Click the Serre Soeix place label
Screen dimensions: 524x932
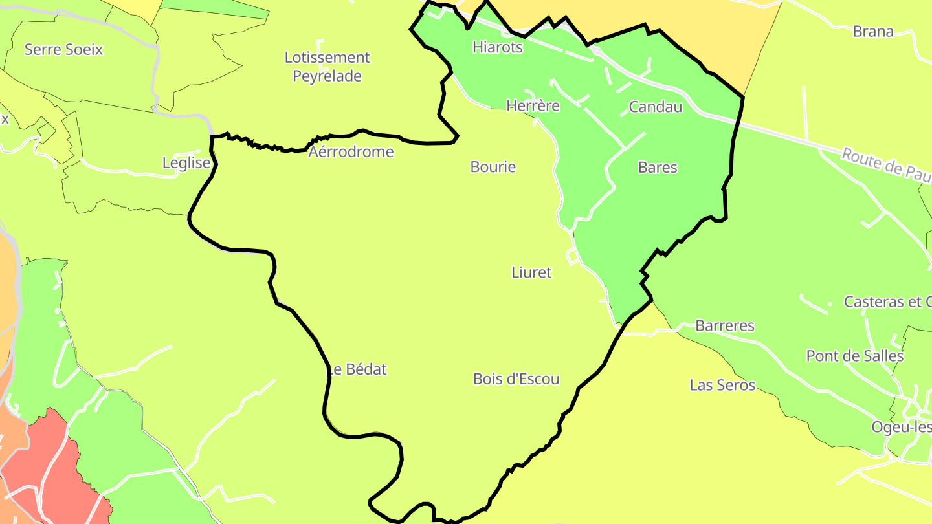click(x=63, y=49)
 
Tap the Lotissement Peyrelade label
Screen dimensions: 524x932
click(x=327, y=67)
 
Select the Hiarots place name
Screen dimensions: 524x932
click(x=497, y=47)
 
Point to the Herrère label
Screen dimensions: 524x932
click(x=533, y=105)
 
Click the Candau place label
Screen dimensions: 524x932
click(x=655, y=107)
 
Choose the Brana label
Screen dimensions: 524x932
click(x=872, y=31)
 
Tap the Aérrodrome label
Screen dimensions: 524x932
click(x=351, y=152)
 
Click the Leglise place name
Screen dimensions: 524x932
click(x=186, y=163)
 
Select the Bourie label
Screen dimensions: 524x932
click(x=493, y=167)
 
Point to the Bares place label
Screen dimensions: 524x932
click(x=657, y=167)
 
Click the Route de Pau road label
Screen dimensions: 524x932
click(x=885, y=164)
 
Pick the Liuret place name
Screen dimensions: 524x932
click(x=531, y=272)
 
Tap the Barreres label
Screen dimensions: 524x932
click(x=724, y=325)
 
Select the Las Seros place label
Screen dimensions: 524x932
click(x=722, y=385)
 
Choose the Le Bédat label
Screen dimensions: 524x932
click(x=357, y=369)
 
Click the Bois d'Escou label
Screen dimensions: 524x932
click(x=516, y=378)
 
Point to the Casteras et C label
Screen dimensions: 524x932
click(x=887, y=301)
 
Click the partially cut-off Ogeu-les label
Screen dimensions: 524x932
click(x=901, y=427)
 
